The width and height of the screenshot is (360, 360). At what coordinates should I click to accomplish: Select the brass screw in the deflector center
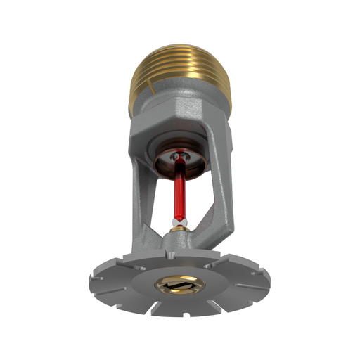click(x=179, y=285)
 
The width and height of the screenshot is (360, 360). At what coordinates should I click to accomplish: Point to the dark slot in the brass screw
click(x=179, y=285)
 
